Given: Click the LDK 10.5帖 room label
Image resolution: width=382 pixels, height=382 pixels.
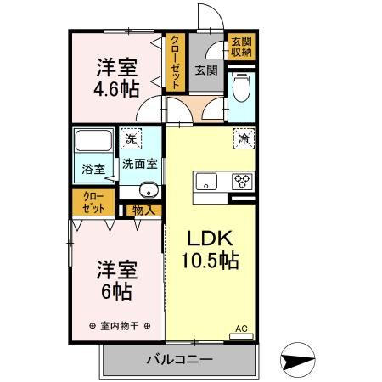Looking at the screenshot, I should [x=209, y=249].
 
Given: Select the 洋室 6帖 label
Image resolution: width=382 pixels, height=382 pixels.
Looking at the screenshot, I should [x=114, y=279].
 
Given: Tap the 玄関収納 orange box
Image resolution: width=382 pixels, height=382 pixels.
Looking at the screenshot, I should [x=239, y=47].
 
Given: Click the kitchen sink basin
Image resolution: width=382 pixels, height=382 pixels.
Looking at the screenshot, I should [x=209, y=181].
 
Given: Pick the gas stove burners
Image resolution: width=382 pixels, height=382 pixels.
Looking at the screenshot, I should [x=242, y=181].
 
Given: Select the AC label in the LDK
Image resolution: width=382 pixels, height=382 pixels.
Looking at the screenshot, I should [x=240, y=328].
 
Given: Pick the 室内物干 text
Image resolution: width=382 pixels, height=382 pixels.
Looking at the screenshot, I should [x=120, y=326].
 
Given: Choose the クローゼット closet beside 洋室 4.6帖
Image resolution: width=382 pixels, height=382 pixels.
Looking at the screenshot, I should [x=175, y=62].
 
